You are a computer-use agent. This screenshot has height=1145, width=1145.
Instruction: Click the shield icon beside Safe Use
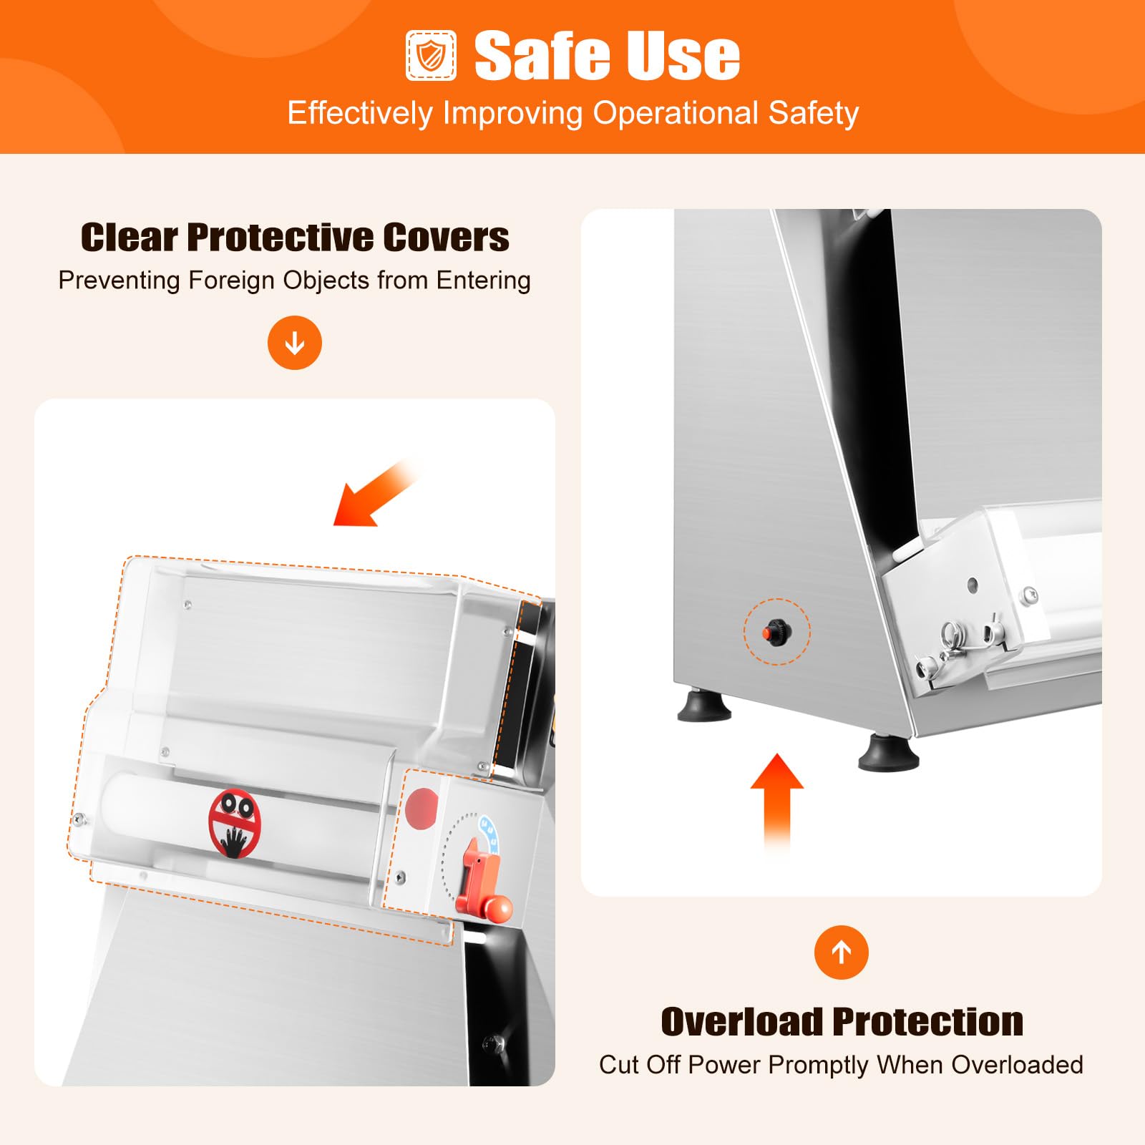[431, 56]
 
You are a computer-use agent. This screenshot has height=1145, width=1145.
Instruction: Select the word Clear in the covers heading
[129, 237]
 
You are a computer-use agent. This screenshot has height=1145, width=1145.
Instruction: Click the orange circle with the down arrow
[295, 343]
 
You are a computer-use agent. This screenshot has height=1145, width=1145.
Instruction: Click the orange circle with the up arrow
[842, 952]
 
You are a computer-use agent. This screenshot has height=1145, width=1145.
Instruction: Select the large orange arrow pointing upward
[777, 801]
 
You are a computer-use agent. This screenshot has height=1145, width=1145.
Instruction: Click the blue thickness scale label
[488, 833]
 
